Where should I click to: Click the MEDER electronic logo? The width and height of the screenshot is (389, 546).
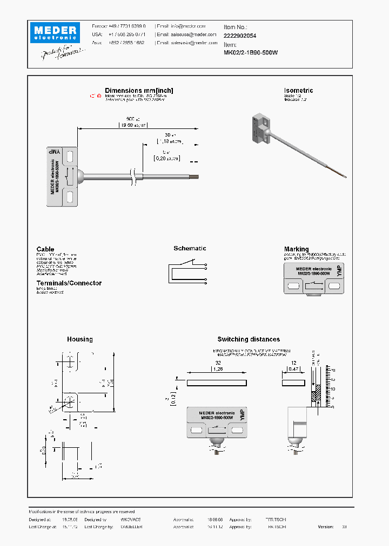(x=55, y=32)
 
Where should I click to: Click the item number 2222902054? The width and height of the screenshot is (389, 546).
(x=240, y=35)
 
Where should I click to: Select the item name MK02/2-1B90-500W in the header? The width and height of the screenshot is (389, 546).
(x=251, y=53)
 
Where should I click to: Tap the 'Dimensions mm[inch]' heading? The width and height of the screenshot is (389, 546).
(x=139, y=91)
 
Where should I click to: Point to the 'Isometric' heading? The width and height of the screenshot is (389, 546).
(x=298, y=91)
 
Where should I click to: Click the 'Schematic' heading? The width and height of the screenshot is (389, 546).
(x=190, y=248)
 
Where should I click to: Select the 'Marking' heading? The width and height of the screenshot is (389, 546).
(x=297, y=249)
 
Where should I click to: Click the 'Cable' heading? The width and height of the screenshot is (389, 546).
(x=45, y=249)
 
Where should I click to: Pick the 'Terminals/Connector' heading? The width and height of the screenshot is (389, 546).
(x=69, y=283)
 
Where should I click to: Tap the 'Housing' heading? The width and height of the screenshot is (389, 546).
(x=79, y=339)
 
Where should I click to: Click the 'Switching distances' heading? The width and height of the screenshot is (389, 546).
(x=249, y=339)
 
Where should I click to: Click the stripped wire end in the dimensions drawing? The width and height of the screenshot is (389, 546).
(x=194, y=175)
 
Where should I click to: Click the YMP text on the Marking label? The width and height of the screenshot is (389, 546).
(x=339, y=271)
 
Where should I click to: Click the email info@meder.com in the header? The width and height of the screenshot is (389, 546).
(x=180, y=26)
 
